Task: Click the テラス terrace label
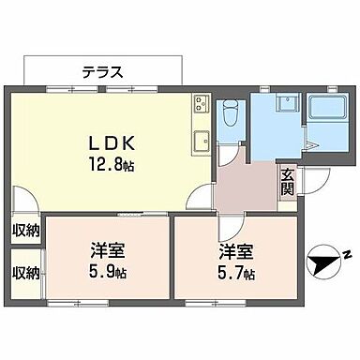102,70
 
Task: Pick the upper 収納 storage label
26,230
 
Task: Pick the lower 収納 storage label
26,273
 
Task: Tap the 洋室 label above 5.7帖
235,252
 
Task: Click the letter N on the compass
345,256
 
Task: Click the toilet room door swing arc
227,153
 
